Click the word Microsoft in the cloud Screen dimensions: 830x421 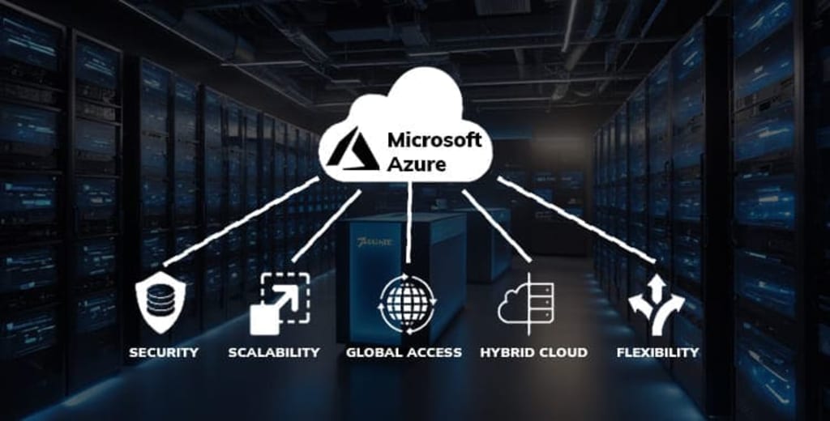[434, 139]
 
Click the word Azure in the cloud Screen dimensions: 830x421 [416, 164]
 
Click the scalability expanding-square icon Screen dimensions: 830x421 [280, 304]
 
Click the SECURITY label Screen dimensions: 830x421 [163, 352]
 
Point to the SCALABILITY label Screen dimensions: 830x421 [274, 352]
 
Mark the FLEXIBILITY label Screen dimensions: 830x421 [657, 352]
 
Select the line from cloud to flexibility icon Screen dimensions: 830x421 [575, 220]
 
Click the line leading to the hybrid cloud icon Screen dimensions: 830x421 [496, 227]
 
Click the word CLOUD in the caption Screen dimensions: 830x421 [563, 352]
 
